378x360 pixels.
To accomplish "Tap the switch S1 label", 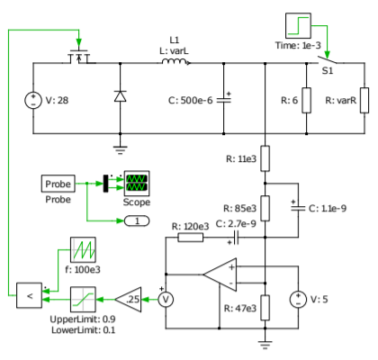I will click(x=328, y=70).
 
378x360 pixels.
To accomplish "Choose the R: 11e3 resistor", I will click(x=265, y=159).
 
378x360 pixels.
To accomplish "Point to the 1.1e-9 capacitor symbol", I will click(x=297, y=207).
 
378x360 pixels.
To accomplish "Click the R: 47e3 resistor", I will click(x=265, y=307).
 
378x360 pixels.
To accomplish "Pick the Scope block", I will click(x=138, y=184).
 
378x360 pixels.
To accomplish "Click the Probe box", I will click(x=60, y=184).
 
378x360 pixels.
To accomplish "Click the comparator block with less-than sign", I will click(x=28, y=295).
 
